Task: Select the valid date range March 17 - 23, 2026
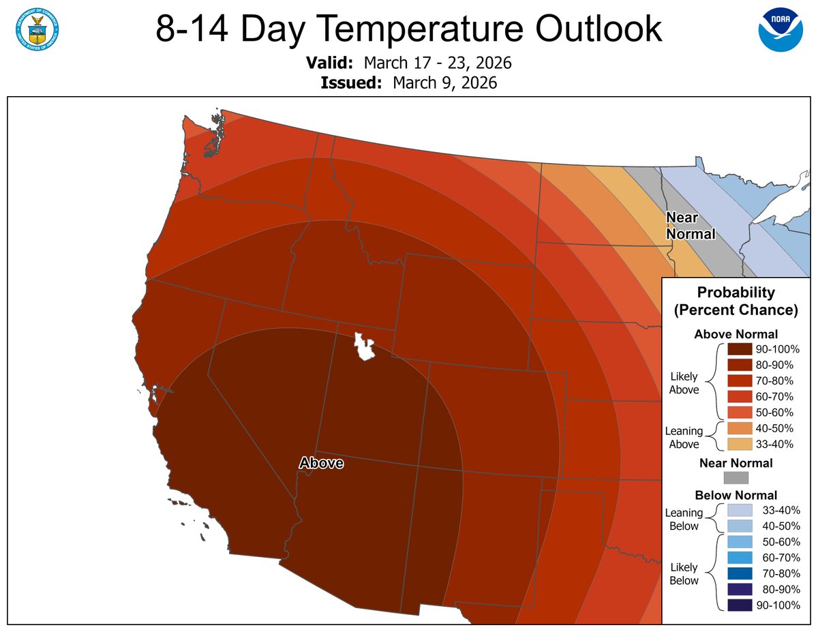point(438,63)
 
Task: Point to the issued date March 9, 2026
point(444,83)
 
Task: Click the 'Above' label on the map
point(321,463)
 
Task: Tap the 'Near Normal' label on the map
point(690,226)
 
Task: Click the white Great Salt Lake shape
point(365,347)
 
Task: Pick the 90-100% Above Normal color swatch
point(739,349)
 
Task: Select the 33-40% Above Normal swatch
point(739,444)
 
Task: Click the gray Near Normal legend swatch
point(736,478)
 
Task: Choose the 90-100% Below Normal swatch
point(739,605)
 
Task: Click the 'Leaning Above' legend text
point(684,438)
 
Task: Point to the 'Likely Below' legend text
point(684,574)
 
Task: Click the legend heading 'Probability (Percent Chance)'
point(736,301)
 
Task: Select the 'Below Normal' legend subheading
point(736,495)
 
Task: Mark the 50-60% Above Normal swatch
point(739,412)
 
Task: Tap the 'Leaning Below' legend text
point(684,520)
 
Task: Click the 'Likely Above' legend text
point(684,383)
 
